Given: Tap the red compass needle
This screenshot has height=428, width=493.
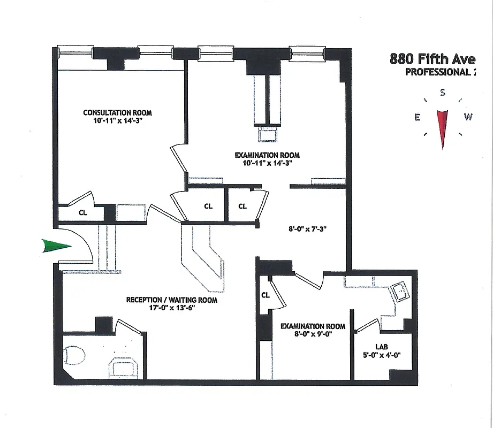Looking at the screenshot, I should tap(443, 126).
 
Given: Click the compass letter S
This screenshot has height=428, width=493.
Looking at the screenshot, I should tap(443, 93).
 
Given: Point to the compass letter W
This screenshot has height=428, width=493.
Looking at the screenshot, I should tap(468, 118).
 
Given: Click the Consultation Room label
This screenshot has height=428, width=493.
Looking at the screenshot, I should tap(117, 112).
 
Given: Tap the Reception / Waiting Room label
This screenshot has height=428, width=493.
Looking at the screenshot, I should tap(172, 300).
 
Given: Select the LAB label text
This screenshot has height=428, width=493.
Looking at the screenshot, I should tap(382, 347).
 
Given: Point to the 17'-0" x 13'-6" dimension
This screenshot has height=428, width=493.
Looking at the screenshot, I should tap(172, 308).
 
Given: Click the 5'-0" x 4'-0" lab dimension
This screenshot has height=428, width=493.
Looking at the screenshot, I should tap(382, 355).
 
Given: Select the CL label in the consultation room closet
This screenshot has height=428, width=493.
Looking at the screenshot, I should tap(83, 212).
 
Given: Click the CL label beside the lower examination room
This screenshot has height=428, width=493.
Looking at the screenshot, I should tap(266, 295).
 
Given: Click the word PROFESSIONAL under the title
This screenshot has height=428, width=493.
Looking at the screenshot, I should tap(435, 73).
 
